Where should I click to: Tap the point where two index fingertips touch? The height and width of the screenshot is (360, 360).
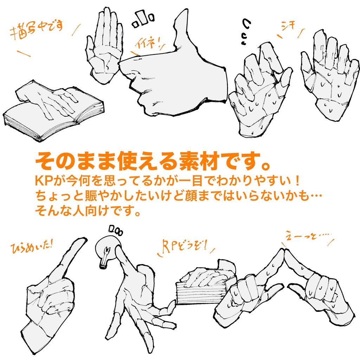tap(284, 250)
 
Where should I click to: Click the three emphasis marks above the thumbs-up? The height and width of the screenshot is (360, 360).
tap(143, 19)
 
